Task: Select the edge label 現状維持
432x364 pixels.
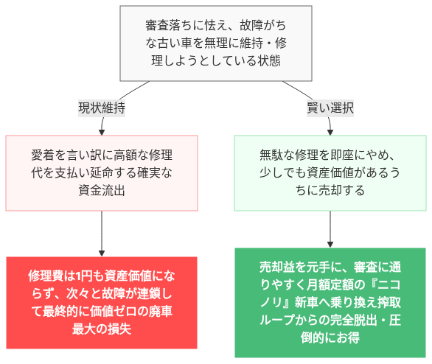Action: [102, 108]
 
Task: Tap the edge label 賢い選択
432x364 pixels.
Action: [330, 108]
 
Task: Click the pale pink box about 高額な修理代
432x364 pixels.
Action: [102, 173]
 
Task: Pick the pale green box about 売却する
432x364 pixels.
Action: [330, 173]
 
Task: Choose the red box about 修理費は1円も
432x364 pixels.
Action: [102, 302]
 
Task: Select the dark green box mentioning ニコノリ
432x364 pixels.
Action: [330, 302]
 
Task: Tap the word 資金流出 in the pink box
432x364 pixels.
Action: [102, 191]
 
